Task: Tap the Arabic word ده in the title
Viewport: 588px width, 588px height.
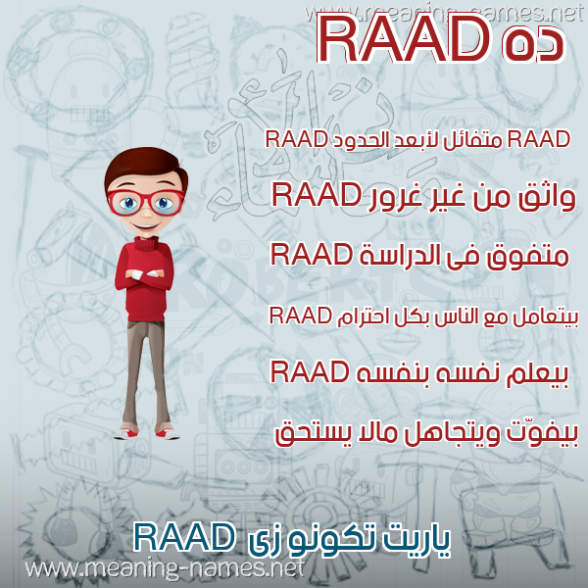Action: pos(532,45)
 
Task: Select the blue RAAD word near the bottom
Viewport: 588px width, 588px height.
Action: pos(183,537)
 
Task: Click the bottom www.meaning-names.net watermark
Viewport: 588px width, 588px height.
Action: pos(164,569)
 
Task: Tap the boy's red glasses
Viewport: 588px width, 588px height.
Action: pos(146,203)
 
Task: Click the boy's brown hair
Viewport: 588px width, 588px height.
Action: pos(145,165)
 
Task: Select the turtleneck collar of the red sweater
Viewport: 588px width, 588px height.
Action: pos(146,244)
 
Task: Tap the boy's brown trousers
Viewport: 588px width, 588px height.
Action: pos(145,371)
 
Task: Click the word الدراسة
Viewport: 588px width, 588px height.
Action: pos(399,255)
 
